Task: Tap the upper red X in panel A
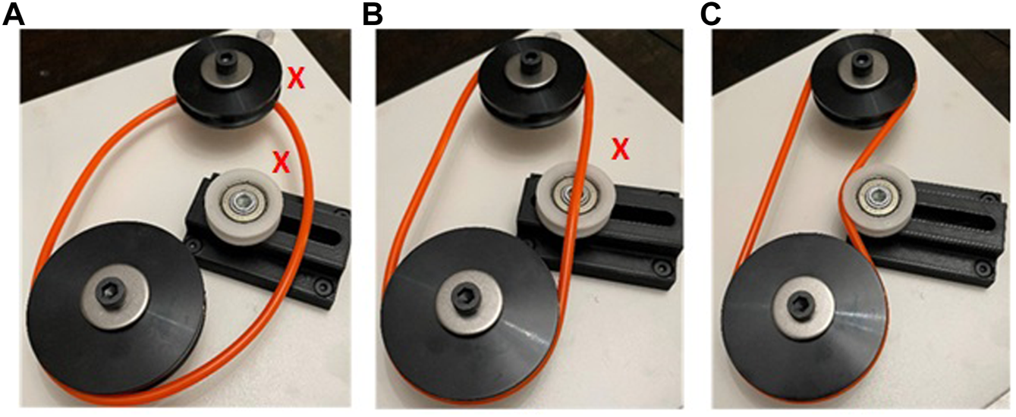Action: [x=296, y=78]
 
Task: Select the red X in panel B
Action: [x=620, y=149]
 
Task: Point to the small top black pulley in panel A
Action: [x=224, y=82]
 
